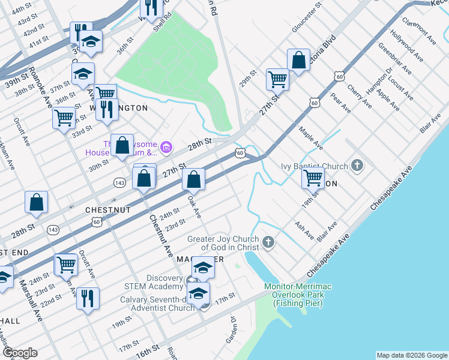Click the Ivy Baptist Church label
tap(315, 166)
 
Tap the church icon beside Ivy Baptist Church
tap(358, 165)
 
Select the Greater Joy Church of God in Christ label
tap(223, 243)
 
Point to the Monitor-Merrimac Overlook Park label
tap(298, 295)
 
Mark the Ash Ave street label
tap(304, 230)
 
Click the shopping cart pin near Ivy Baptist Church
tap(313, 177)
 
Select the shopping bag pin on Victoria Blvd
tap(298, 60)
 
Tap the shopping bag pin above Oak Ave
tap(194, 178)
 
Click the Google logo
tap(19, 353)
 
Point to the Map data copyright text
tap(412, 355)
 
